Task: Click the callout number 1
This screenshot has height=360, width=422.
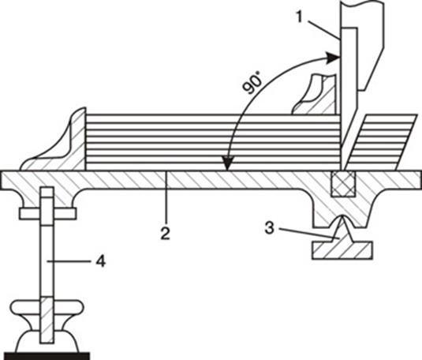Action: click(x=300, y=17)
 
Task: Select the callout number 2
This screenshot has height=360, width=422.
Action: click(x=165, y=233)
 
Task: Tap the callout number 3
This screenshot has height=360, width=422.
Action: click(x=269, y=227)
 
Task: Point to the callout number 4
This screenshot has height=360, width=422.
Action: click(x=100, y=261)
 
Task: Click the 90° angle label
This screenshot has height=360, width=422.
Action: click(x=252, y=83)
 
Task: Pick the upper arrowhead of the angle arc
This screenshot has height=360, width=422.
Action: click(x=333, y=58)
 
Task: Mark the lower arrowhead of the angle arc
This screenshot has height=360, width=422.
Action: click(x=228, y=163)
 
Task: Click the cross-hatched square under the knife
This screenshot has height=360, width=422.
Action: click(x=343, y=184)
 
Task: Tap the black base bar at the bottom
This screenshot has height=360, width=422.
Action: click(x=47, y=356)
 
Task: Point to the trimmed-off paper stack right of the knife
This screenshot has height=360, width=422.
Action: click(x=380, y=142)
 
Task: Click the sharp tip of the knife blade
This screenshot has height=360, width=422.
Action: click(x=342, y=170)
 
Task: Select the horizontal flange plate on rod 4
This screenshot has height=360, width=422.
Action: click(x=47, y=213)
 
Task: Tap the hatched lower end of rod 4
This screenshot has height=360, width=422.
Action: click(x=47, y=320)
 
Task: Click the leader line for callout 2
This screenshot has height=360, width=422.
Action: click(x=167, y=199)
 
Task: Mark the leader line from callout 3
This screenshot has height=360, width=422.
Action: click(x=305, y=233)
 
